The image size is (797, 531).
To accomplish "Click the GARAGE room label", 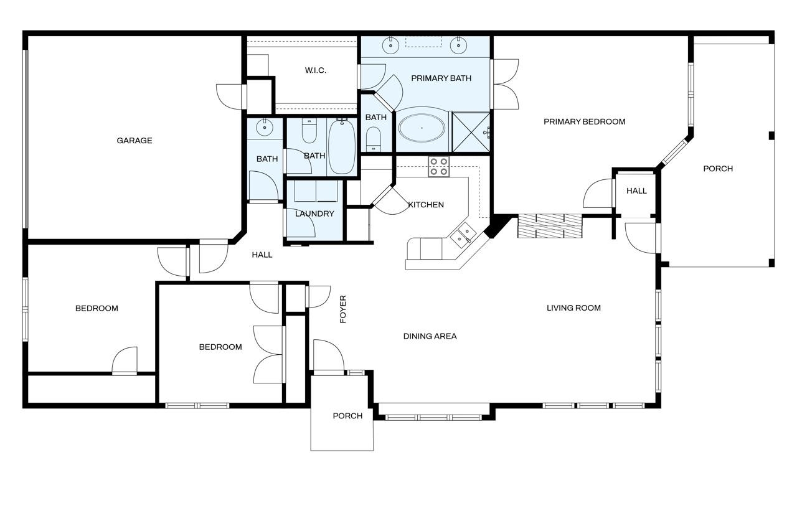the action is pos(134,141).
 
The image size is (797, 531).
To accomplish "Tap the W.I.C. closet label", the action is pos(315,70).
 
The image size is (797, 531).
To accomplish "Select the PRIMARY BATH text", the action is pos(441,78).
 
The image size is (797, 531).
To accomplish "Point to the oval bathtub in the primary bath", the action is pos(422,128).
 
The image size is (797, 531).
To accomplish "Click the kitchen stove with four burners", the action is pos(439,166).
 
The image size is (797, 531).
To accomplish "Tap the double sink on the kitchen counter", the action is pos(463,235).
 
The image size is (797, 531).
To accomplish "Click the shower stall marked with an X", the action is pos(471,133).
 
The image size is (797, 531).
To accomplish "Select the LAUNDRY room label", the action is pos(314,214).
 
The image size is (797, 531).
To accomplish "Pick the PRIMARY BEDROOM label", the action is pos(585,121).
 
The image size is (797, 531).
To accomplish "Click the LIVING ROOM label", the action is pos(573,308).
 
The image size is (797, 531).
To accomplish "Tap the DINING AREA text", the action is pos(430,336).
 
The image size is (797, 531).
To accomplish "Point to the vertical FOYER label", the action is pos(343,309).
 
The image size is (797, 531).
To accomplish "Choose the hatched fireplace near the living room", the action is pos(550,226).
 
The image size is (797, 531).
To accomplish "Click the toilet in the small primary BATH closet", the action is pos(373,139).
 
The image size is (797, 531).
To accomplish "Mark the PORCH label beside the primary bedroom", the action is pos(718,169).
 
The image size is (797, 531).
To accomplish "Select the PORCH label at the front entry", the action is pos(347,416).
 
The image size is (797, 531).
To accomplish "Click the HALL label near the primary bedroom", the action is pos(636,191).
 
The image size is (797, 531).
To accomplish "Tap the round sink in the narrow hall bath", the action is pos(265,128).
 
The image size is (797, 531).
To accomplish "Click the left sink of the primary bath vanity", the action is pos(390,45).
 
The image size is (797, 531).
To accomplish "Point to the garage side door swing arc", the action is pos(225,101).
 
